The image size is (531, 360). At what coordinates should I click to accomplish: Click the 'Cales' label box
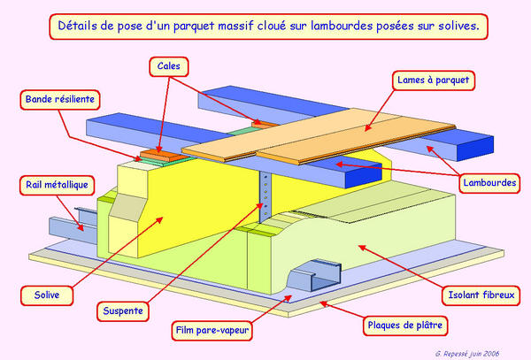tap(172, 65)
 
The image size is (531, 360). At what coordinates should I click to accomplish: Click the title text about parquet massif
tap(268, 27)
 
